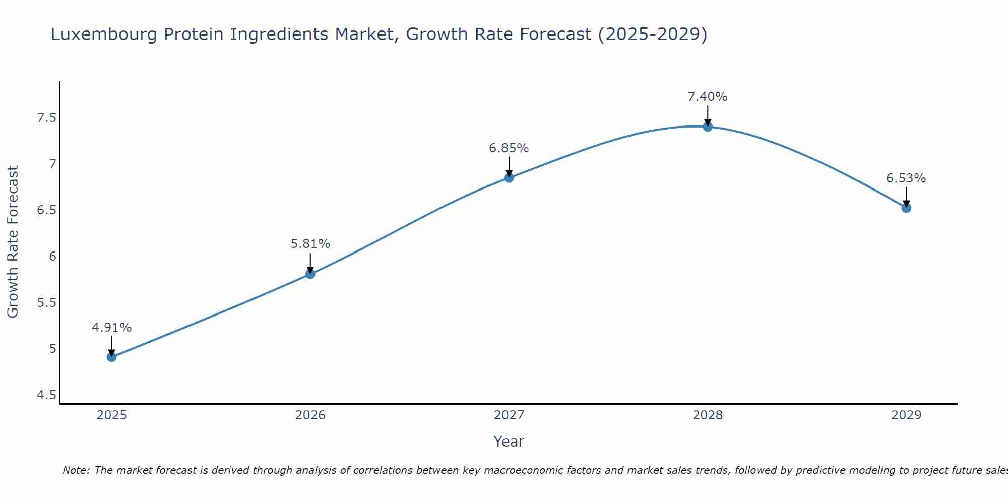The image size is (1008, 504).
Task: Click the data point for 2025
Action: pyautogui.click(x=111, y=357)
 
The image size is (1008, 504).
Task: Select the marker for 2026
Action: pyautogui.click(x=310, y=274)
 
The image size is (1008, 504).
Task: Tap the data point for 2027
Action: pyautogui.click(x=509, y=177)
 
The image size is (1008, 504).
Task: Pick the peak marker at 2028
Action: pyautogui.click(x=707, y=127)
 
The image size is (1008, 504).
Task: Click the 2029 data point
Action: pyautogui.click(x=906, y=208)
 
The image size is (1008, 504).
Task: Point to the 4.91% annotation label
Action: pyautogui.click(x=111, y=328)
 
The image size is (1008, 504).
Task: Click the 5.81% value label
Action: pyautogui.click(x=310, y=244)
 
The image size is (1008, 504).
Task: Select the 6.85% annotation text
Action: pyautogui.click(x=509, y=148)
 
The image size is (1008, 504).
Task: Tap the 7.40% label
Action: pyautogui.click(x=707, y=97)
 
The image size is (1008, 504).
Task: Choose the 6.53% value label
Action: pyautogui.click(x=906, y=178)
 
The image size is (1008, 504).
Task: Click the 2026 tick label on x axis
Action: pyautogui.click(x=310, y=415)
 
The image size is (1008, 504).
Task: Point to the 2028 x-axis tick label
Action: pyautogui.click(x=707, y=415)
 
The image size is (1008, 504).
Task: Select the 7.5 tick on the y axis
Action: pyautogui.click(x=46, y=118)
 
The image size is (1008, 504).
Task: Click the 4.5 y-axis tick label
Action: pyautogui.click(x=46, y=395)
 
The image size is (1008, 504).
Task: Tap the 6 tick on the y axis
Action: pyautogui.click(x=52, y=257)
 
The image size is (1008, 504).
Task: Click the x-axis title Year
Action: pyautogui.click(x=509, y=442)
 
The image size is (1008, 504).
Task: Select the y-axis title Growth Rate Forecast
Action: pyautogui.click(x=13, y=242)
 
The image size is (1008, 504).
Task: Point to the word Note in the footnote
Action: pyautogui.click(x=76, y=470)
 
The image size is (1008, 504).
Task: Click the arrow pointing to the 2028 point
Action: pyautogui.click(x=707, y=115)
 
